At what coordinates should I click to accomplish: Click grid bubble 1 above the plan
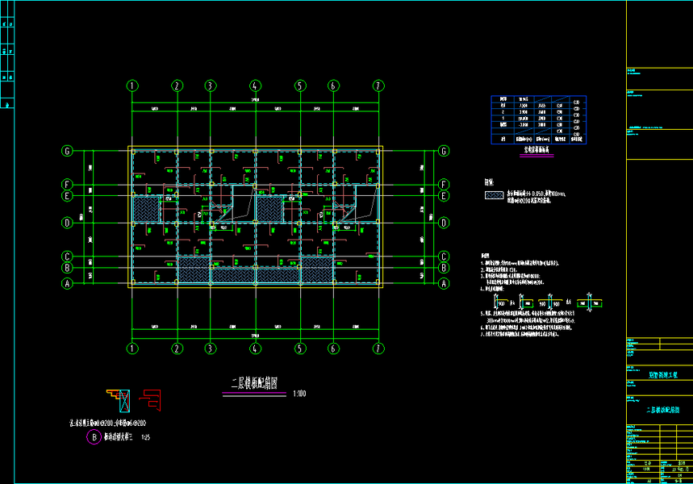pyautogui.click(x=132, y=86)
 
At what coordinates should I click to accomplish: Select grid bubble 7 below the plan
pyautogui.click(x=378, y=348)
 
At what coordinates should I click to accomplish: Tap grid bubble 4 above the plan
pyautogui.click(x=255, y=86)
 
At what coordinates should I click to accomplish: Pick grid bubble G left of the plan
pyautogui.click(x=68, y=151)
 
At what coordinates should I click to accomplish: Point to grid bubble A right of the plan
pyautogui.click(x=443, y=283)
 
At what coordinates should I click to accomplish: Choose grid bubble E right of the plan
pyautogui.click(x=443, y=195)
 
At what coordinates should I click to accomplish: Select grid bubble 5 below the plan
pyautogui.click(x=300, y=348)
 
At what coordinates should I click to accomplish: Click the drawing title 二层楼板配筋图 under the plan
pyautogui.click(x=255, y=384)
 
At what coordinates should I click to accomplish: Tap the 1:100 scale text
pyautogui.click(x=299, y=393)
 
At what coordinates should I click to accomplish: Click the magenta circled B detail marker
pyautogui.click(x=94, y=437)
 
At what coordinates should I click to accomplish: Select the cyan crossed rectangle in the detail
pyautogui.click(x=123, y=398)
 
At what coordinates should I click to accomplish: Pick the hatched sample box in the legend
pyautogui.click(x=493, y=195)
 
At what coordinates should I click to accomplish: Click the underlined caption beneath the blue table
pyautogui.click(x=537, y=150)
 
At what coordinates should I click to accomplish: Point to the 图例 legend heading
pyautogui.click(x=490, y=183)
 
